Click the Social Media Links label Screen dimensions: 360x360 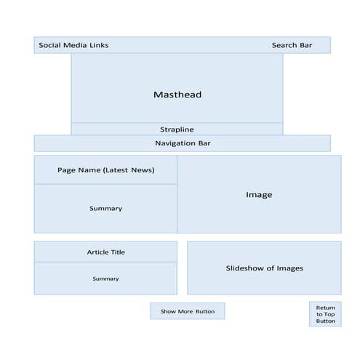point(73,45)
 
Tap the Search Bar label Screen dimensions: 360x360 point(292,45)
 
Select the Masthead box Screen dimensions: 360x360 point(177,87)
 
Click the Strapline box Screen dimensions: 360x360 point(177,129)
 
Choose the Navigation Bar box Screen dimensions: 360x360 point(182,143)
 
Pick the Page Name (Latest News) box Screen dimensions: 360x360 point(105,170)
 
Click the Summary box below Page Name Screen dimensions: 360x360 point(105,209)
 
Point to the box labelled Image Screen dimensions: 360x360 point(259,194)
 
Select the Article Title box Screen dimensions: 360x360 point(105,252)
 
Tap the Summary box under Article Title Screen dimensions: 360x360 point(105,279)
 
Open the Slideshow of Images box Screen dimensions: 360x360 point(264,268)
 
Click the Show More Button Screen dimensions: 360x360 point(188,311)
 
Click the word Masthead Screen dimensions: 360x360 point(177,95)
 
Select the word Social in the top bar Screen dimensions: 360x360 point(50,45)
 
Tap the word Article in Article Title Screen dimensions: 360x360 point(97,252)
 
